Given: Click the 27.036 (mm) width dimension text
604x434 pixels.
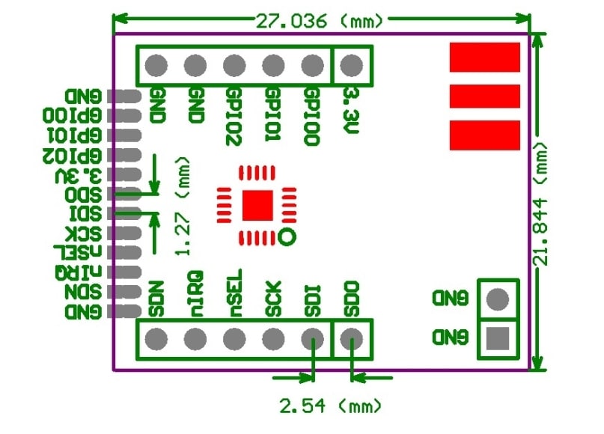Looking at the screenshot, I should tap(320, 20).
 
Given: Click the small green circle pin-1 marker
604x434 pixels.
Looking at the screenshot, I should tap(285, 238).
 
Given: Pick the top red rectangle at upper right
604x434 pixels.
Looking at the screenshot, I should tap(484, 57).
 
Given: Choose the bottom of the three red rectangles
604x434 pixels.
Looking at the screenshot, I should tap(484, 135).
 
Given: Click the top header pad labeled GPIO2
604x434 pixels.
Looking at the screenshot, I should tap(234, 66).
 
